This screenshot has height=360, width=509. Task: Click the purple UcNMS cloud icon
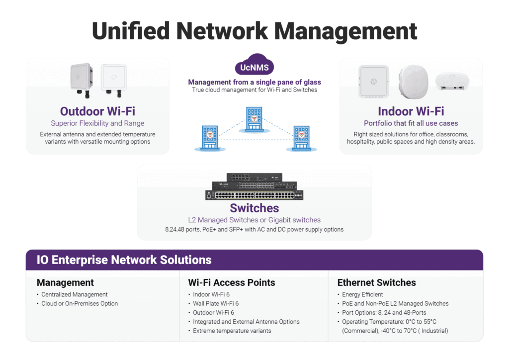click(254, 66)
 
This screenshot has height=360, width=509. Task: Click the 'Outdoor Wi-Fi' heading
click(97, 111)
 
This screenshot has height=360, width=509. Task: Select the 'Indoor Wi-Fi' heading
click(411, 111)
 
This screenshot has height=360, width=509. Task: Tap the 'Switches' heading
click(254, 208)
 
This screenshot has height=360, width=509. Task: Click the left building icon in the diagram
click(210, 138)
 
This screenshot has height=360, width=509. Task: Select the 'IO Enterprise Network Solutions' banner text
click(124, 260)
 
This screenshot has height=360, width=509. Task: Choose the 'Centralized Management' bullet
click(75, 294)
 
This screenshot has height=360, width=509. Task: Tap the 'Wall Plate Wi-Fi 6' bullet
click(216, 303)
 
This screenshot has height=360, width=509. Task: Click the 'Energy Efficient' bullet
click(362, 294)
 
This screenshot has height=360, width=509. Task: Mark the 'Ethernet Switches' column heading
click(376, 282)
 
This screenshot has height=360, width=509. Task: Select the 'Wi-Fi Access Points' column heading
click(231, 282)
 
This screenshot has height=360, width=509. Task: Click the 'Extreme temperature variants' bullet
click(232, 331)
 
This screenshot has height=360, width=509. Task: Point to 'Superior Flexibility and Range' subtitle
click(97, 123)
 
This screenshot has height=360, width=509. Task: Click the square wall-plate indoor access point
click(373, 81)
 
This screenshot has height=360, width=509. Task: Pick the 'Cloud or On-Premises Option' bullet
click(80, 303)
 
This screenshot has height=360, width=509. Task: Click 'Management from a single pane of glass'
click(254, 82)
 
